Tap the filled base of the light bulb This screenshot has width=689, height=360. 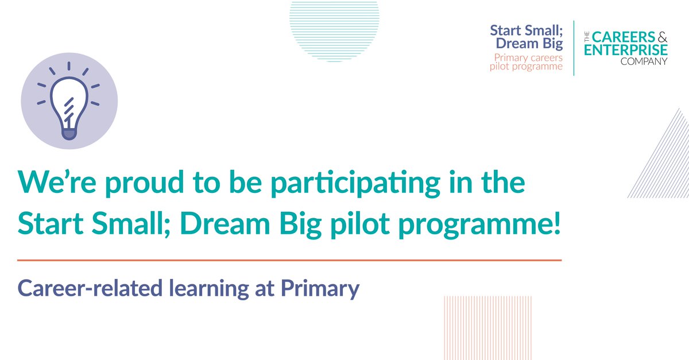69,133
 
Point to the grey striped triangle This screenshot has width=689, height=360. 666,164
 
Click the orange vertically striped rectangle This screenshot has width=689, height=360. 487,327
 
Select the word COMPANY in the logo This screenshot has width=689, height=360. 644,61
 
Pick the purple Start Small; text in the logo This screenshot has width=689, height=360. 526,30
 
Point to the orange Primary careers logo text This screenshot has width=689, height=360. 528,57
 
